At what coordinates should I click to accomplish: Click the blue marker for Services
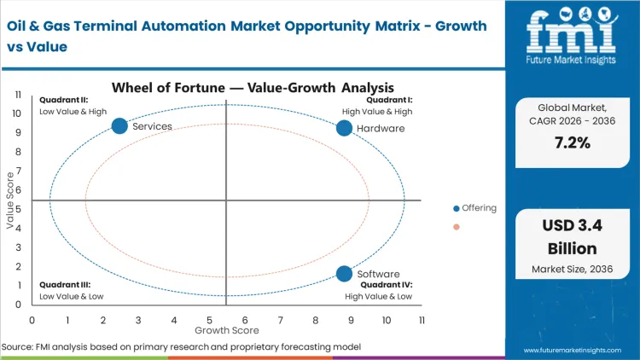tap(119, 126)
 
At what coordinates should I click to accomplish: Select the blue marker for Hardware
tap(344, 128)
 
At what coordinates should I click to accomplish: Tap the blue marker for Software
tap(344, 274)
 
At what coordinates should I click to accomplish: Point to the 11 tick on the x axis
tap(422, 320)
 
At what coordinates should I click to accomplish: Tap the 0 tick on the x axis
tap(32, 320)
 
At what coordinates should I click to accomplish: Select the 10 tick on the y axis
tap(17, 113)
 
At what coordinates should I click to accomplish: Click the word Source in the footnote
tap(16, 346)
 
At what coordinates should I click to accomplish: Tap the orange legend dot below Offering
tap(457, 227)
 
